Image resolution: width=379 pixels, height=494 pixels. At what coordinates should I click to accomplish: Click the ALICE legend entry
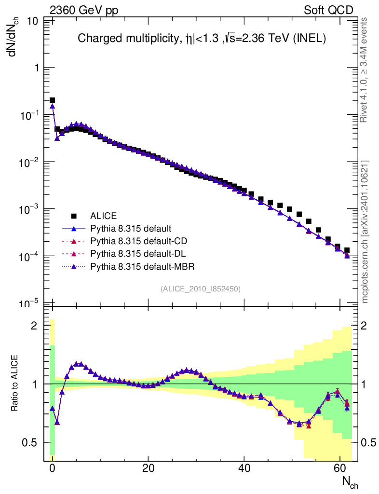[x=104, y=216]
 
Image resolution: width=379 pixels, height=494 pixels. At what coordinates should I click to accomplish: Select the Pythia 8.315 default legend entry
[x=131, y=228]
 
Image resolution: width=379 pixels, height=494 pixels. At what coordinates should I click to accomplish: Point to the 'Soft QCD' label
[x=328, y=10]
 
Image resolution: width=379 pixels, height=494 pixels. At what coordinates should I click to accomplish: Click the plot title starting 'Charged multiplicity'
[x=202, y=39]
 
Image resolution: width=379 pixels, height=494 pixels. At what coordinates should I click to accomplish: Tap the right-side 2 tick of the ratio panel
[x=367, y=326]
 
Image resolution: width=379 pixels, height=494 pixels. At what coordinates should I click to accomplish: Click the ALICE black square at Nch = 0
[x=52, y=100]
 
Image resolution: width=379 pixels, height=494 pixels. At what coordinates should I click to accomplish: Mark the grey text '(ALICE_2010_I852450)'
[x=201, y=288]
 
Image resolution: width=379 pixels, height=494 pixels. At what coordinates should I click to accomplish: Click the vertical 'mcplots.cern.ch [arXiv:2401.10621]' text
[x=365, y=232]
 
